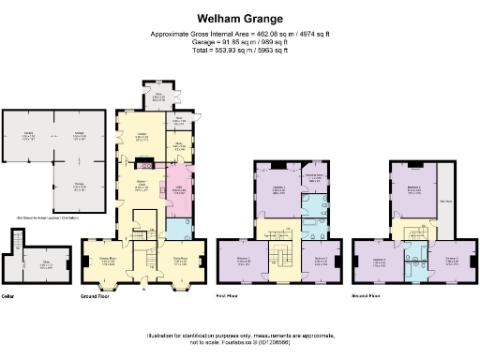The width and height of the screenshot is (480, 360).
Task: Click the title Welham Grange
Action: (239, 18)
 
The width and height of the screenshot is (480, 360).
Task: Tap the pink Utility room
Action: (177, 192)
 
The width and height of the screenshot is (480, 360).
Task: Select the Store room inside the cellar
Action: (45, 265)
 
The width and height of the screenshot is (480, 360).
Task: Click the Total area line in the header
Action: (239, 49)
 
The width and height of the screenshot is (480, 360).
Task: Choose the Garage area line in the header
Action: (239, 41)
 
